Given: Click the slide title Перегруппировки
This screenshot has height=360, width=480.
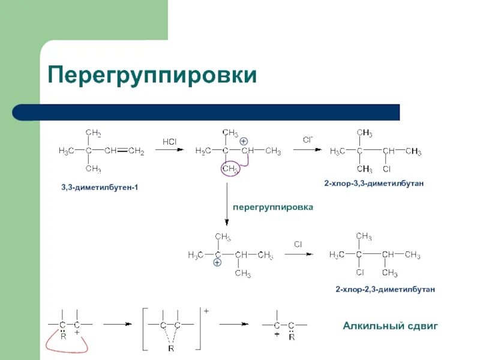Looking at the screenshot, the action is point(152,76).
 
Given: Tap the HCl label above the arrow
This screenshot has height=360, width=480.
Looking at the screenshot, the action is point(169,142).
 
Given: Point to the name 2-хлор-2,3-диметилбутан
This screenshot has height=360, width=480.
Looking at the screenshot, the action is point(385,289).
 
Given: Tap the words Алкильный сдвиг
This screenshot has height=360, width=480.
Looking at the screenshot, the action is point(390,326).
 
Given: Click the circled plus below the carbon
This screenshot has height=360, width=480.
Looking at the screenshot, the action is point(217,263).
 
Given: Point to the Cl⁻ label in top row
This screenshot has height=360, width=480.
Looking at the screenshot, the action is point(307,140).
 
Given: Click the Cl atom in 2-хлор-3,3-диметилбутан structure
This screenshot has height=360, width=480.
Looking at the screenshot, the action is point(387,169).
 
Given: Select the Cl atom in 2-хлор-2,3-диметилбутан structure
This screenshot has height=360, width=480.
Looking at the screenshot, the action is point(360,273).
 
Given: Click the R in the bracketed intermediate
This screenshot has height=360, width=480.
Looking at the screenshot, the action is point(170,348).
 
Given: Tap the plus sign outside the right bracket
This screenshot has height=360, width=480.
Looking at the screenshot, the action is point(206,311).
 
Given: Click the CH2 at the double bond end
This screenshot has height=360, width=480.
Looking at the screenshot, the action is point(137,151).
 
